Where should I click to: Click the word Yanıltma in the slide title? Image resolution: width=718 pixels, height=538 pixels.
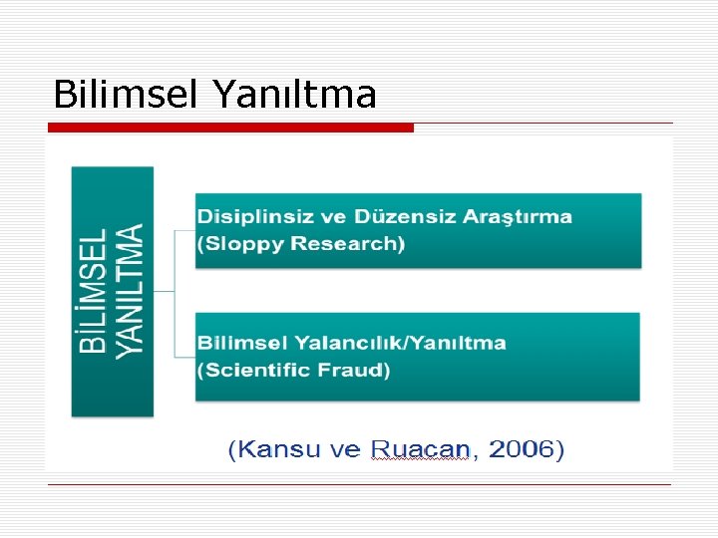coord(294,95)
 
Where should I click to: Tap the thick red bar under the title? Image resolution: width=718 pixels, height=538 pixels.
coord(230,128)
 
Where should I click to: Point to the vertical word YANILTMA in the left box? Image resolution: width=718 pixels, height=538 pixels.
coord(130,290)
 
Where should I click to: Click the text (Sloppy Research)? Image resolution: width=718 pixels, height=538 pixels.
coord(301,244)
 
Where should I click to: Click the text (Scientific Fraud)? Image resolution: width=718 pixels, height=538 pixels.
coord(293,371)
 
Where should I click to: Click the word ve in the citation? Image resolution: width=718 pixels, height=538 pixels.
coord(346,450)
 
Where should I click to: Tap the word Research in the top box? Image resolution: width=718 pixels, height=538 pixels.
coord(346,244)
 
